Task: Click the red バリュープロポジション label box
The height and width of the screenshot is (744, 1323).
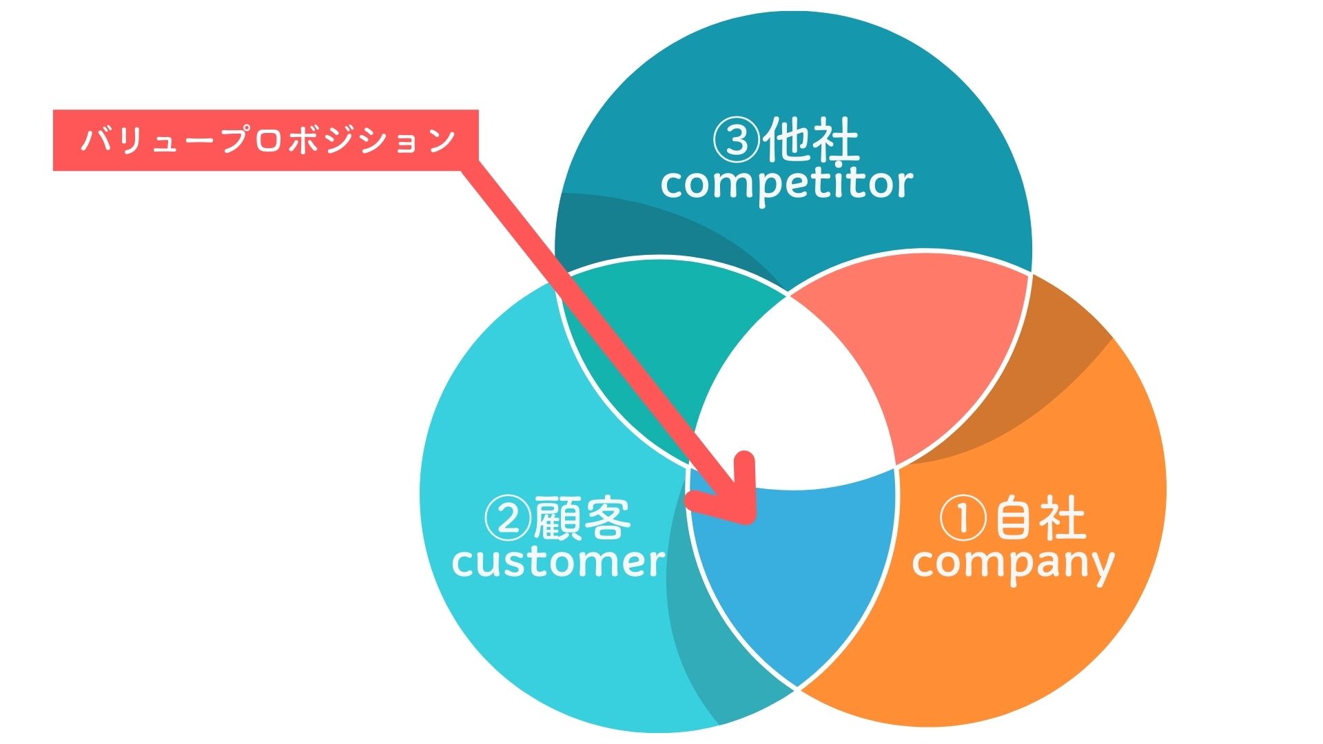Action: (265, 140)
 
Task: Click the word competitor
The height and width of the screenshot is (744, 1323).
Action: (786, 184)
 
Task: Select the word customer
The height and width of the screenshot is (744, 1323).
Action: (558, 562)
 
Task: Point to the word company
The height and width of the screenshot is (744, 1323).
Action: (1013, 564)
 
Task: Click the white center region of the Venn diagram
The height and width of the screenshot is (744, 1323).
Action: (792, 406)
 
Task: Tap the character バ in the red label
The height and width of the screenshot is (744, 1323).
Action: (93, 140)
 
